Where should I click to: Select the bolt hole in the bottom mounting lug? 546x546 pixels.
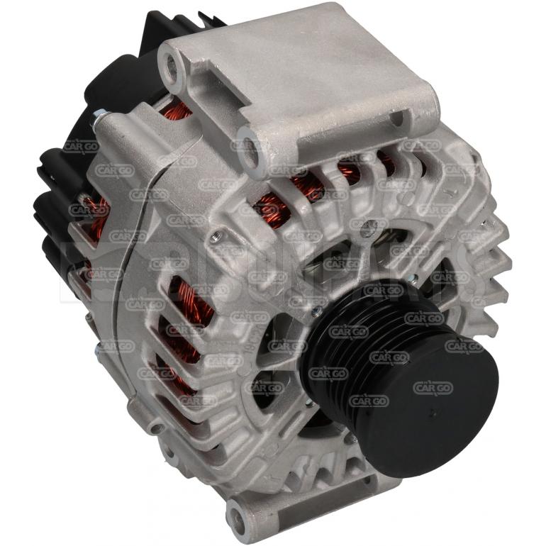[237, 509]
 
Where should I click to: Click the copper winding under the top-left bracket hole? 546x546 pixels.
[177, 110]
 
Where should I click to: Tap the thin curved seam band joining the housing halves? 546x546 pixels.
[135, 284]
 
